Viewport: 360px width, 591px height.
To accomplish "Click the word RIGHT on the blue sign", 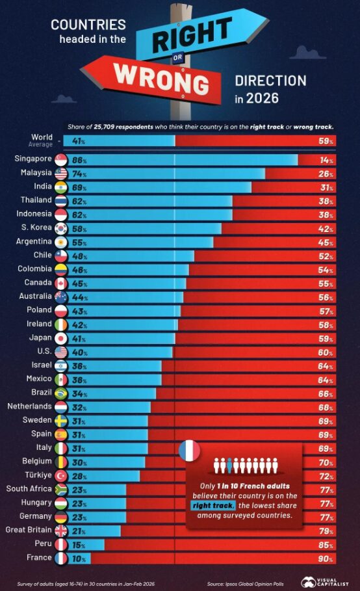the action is click(192, 34).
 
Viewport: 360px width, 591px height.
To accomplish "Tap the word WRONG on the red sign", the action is click(161, 79).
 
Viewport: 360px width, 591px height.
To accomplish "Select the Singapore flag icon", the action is click(60, 160).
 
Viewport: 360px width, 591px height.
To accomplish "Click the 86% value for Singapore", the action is click(79, 160).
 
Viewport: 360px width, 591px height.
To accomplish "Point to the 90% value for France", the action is click(326, 558).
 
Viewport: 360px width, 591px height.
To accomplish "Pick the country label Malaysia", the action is click(36, 173).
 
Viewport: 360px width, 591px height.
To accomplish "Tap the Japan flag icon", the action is click(60, 339).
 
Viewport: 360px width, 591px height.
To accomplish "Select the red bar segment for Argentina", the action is click(274, 243).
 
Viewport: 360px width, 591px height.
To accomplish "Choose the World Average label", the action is click(41, 140).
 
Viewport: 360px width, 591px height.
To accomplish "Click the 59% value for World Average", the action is click(326, 141).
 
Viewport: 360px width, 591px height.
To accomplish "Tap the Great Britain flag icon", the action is click(60, 531).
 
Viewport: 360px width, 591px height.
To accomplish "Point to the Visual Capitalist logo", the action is click(325, 582).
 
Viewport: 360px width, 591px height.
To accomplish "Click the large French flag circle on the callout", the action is click(189, 451).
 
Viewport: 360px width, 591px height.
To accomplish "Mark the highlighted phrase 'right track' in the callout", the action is click(213, 505).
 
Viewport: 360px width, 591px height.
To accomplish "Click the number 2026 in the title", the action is click(263, 98).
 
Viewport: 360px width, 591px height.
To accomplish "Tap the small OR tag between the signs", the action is click(178, 57).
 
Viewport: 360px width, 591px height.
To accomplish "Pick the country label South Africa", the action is click(29, 489).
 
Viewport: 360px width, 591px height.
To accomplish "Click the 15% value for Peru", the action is click(79, 545).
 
